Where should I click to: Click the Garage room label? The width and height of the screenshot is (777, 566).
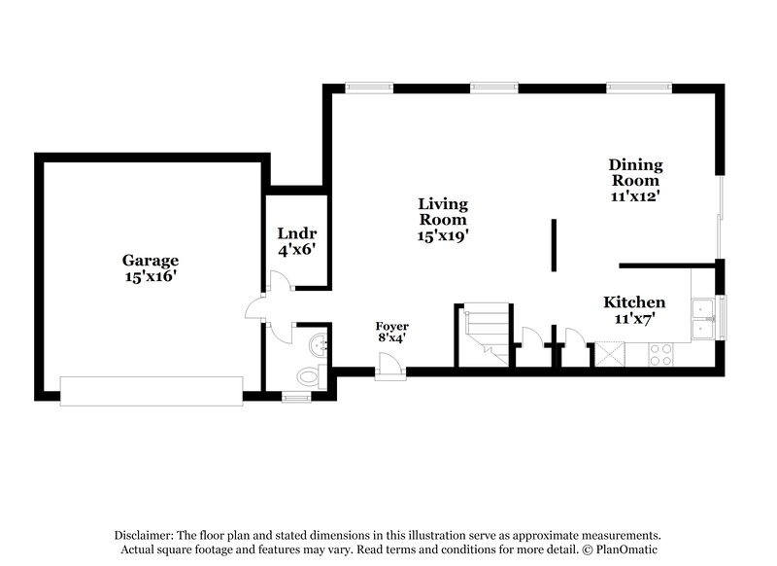pos(150,260)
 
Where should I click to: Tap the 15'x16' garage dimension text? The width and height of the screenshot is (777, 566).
pos(150,276)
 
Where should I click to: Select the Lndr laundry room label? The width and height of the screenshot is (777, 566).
pos(296,233)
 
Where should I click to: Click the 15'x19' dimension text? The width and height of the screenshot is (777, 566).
pos(443,235)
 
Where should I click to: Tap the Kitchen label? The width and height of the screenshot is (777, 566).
pos(634,302)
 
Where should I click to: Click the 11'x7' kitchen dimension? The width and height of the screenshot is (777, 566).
pos(634,318)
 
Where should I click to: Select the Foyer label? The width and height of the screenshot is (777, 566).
pos(392,326)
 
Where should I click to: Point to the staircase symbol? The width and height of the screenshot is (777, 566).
pos(484,335)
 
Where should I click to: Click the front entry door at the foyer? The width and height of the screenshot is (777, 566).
pos(390,366)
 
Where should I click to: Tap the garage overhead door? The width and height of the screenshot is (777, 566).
pos(151,391)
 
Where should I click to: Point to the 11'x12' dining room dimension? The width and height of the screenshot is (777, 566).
pos(634,195)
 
